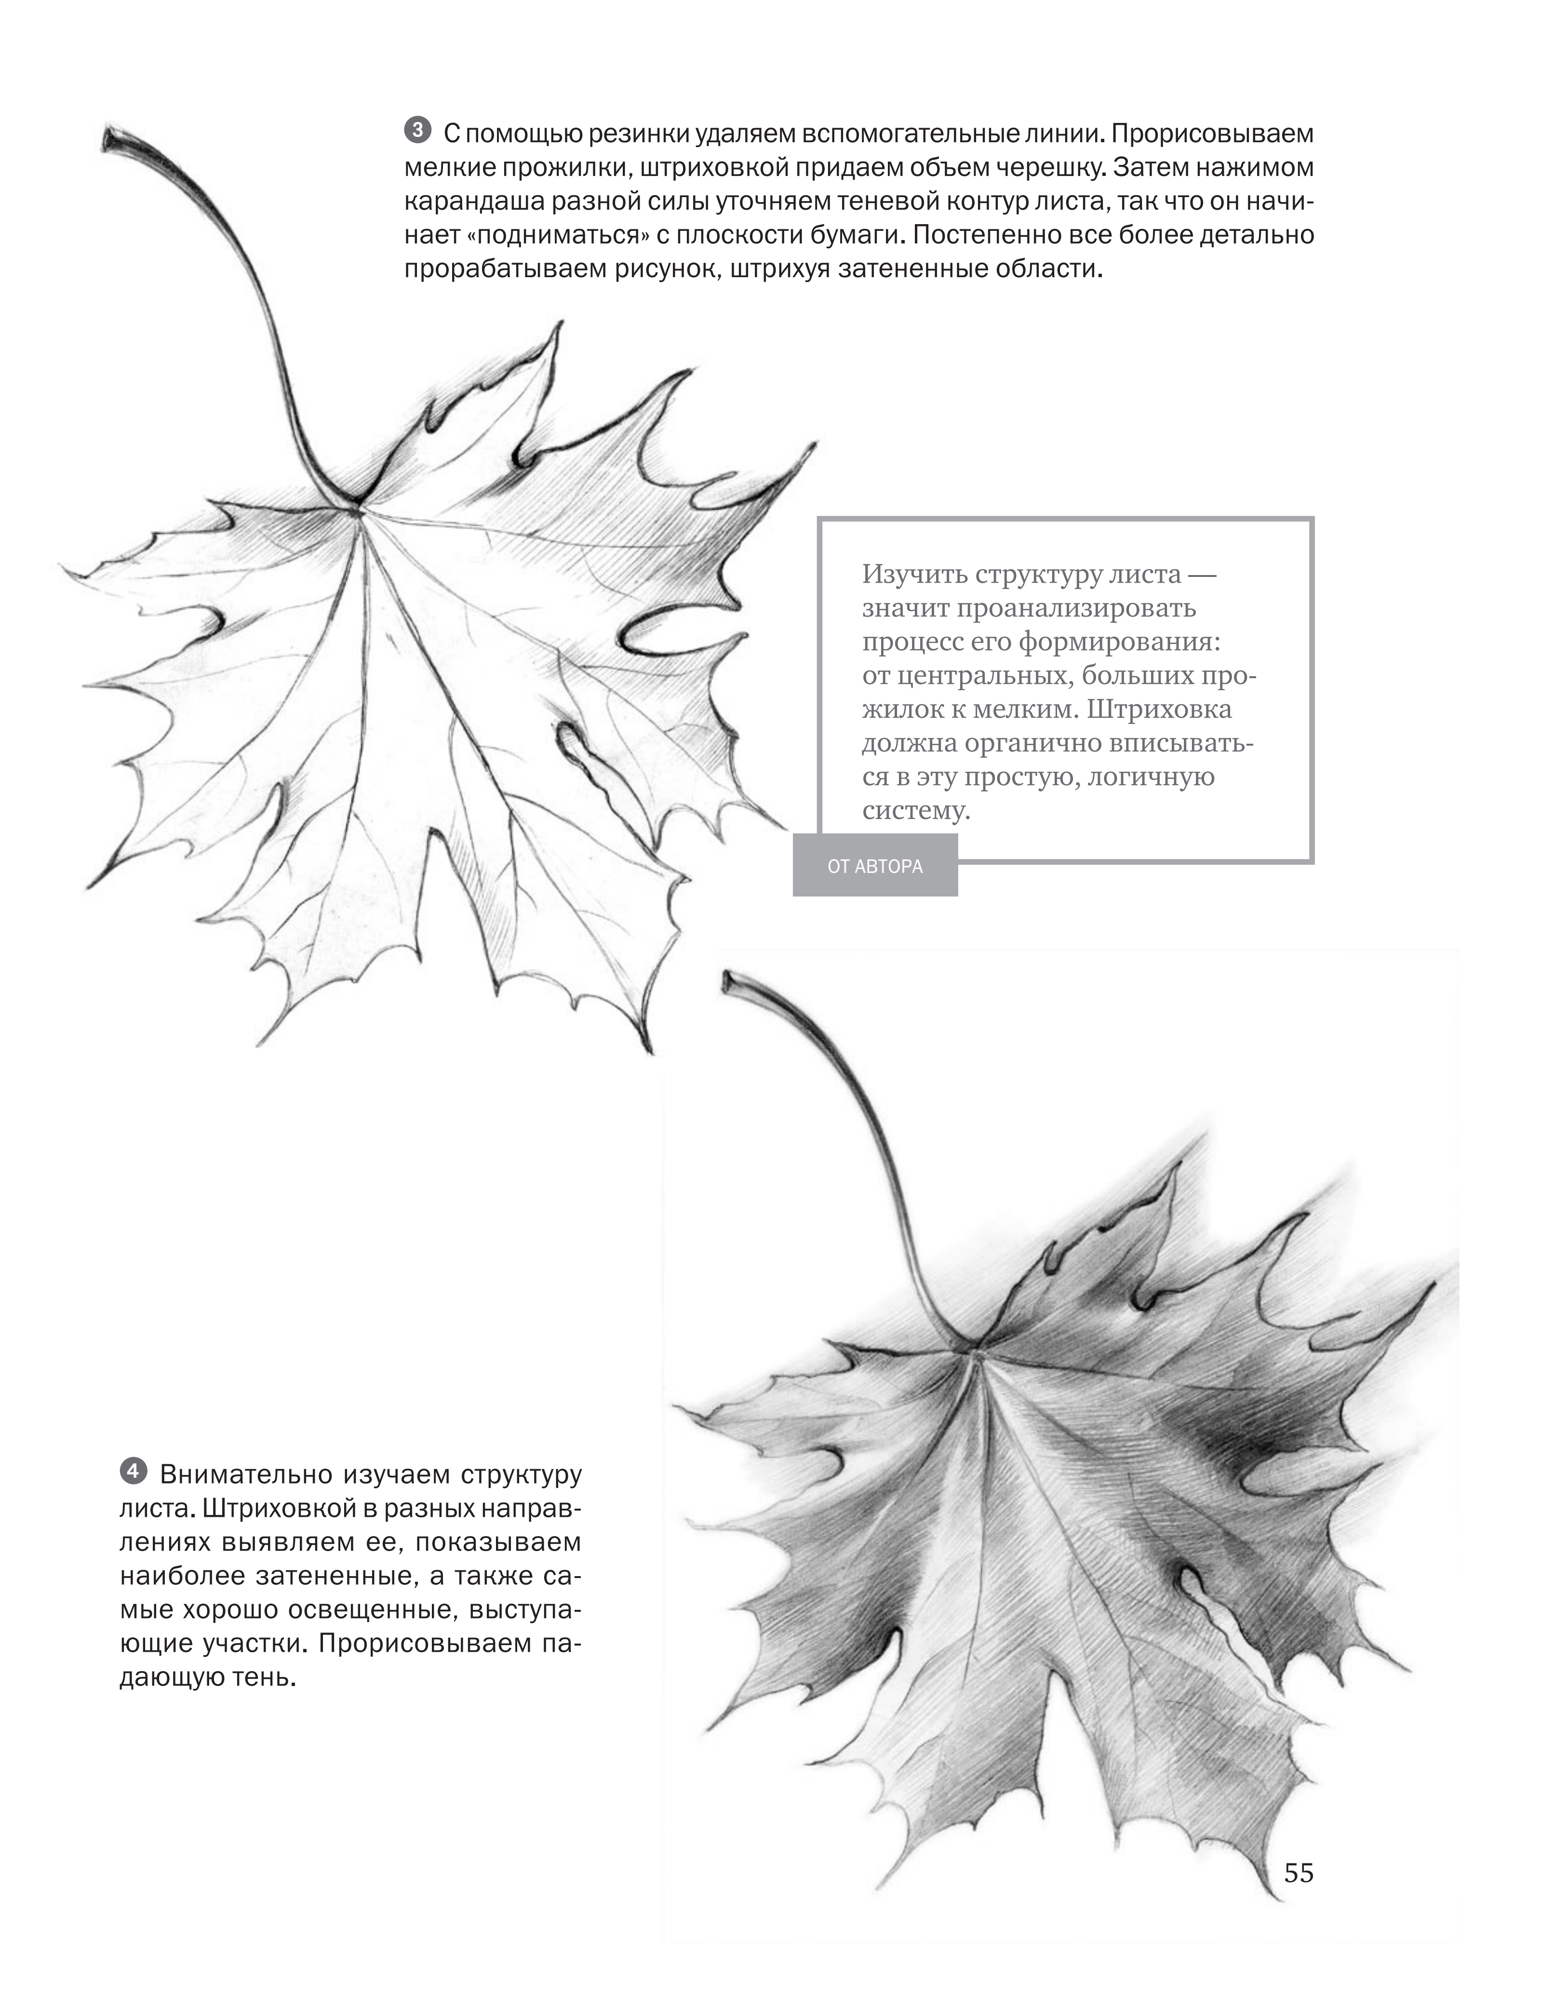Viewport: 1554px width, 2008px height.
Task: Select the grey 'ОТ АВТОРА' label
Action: click(874, 866)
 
